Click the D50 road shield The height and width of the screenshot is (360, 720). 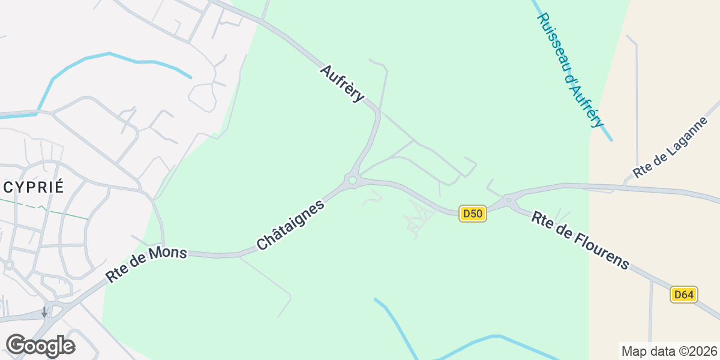472,214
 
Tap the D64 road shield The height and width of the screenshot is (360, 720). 683,295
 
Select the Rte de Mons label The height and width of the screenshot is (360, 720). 146,265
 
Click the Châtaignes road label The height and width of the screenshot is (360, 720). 290,225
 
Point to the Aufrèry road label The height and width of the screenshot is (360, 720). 342,83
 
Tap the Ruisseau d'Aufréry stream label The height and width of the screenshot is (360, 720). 569,70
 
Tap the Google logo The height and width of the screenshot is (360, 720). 40,346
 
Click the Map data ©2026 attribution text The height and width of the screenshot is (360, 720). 668,351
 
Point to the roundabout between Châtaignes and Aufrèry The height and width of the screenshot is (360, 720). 352,179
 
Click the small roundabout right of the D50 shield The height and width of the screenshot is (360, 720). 508,200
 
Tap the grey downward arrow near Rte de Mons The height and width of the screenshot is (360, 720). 44,313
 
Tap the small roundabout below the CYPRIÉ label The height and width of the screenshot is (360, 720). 9,264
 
